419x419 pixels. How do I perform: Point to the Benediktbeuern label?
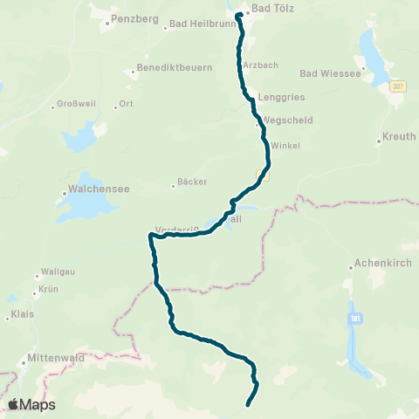pyautogui.click(x=175, y=67)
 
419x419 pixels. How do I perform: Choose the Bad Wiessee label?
pyautogui.click(x=330, y=74)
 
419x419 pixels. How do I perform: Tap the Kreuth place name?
pyautogui.click(x=400, y=138)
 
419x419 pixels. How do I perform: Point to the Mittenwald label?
pyautogui.click(x=54, y=358)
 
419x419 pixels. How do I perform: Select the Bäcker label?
pyautogui.click(x=192, y=182)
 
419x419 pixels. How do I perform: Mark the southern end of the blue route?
pyautogui.click(x=248, y=404)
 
